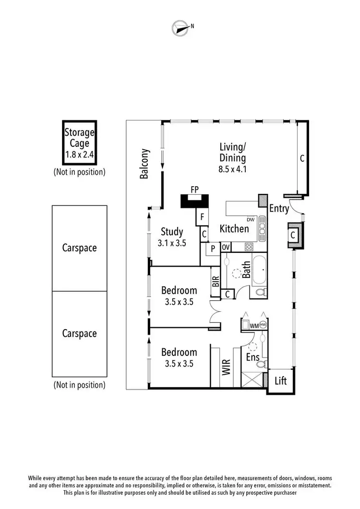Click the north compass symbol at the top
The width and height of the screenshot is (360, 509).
coord(180,28)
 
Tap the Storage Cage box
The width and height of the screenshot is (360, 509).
coord(80,142)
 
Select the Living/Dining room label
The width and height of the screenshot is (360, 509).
coord(233,152)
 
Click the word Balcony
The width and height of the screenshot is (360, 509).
coord(144,164)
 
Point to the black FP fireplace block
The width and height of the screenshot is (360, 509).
coord(195,201)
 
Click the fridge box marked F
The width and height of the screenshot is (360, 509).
coord(202,217)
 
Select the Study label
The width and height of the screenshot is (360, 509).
coord(171,232)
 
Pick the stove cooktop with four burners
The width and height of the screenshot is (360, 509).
coord(249,247)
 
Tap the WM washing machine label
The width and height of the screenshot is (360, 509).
coord(253,325)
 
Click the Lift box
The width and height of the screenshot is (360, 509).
coord(281,380)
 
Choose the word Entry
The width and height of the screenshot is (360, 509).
coord(279,208)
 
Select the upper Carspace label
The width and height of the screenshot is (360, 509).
coord(79,248)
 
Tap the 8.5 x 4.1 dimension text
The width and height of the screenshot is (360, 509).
coord(233,168)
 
